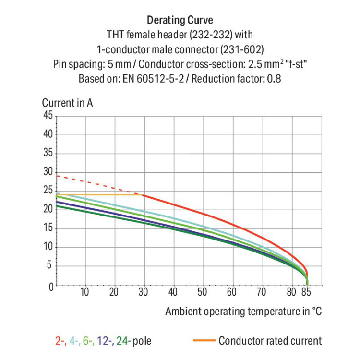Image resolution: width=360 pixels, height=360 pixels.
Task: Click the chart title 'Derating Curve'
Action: [x=180, y=20]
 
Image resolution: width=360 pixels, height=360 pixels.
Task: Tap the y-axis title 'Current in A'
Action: [x=67, y=103]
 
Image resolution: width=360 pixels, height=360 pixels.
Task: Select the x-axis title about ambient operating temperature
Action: [x=243, y=312]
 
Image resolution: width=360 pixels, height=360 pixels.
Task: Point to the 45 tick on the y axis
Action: [x=48, y=115]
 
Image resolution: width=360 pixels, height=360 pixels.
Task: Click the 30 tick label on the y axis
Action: [x=48, y=172]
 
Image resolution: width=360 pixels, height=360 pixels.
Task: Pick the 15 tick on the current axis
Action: [x=48, y=228]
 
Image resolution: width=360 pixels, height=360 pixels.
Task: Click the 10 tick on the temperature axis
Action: [x=84, y=292]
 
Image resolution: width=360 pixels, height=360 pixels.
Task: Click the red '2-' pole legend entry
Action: [x=60, y=341]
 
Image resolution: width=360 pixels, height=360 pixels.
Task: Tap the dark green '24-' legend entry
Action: [x=123, y=341]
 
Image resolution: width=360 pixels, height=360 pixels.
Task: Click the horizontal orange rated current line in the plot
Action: [x=101, y=194]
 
